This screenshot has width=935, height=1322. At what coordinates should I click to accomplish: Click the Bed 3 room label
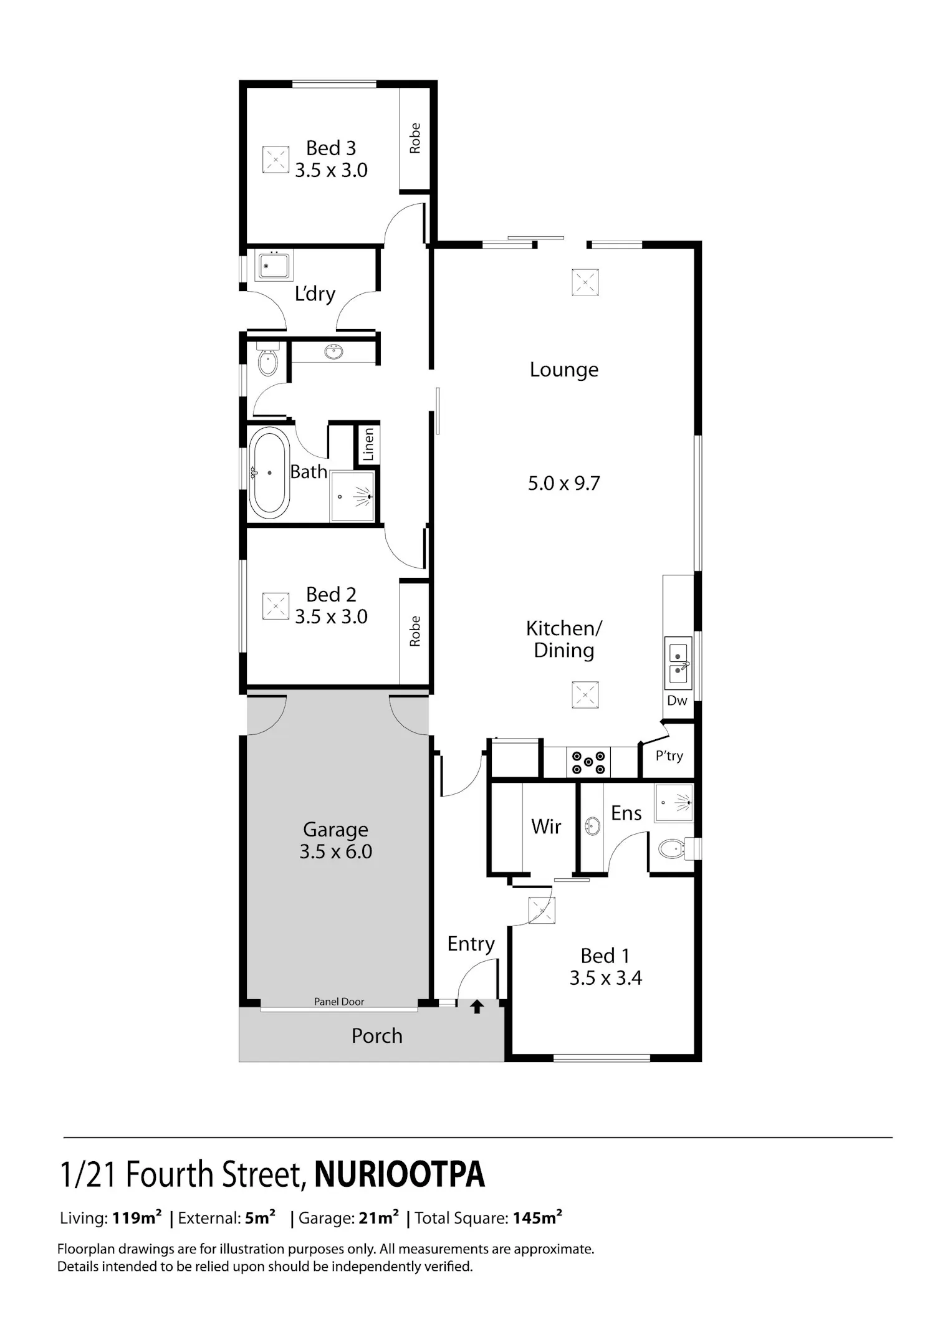tap(331, 148)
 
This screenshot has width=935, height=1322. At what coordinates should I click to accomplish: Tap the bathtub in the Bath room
tap(269, 473)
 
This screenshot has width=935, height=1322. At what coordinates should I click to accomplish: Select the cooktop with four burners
tap(588, 762)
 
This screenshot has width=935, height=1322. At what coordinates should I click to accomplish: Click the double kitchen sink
tap(678, 663)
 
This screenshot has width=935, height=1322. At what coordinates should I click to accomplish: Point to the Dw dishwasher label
tap(677, 701)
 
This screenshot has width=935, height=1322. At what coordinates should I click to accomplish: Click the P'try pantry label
tap(669, 756)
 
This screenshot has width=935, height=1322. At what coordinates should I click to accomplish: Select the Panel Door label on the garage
tap(339, 1002)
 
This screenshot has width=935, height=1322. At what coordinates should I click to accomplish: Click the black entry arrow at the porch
tap(477, 1006)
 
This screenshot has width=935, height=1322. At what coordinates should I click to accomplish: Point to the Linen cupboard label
tap(368, 444)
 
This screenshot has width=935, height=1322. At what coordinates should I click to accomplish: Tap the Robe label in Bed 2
tap(415, 631)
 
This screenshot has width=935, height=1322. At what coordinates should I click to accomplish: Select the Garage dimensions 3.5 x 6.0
tap(335, 851)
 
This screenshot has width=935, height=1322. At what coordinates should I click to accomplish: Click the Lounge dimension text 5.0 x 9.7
tap(563, 483)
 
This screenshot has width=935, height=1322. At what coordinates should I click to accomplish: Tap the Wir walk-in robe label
tap(547, 826)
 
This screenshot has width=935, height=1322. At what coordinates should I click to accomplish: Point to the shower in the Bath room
tap(353, 496)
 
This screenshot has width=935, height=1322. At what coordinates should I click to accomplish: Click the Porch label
tap(377, 1036)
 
